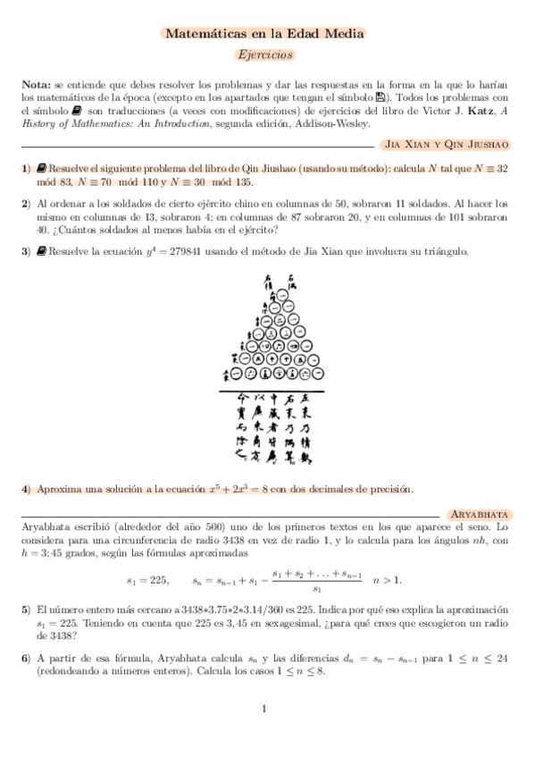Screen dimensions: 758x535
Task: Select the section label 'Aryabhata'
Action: coord(481,516)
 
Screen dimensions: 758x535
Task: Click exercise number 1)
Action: coord(26,168)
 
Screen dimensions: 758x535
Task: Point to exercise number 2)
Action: coord(26,204)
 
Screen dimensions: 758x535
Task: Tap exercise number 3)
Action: coord(26,251)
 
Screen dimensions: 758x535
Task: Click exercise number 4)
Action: coord(26,489)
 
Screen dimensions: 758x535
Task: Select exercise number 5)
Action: coord(26,608)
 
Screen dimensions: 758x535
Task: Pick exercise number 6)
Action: coord(26,657)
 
